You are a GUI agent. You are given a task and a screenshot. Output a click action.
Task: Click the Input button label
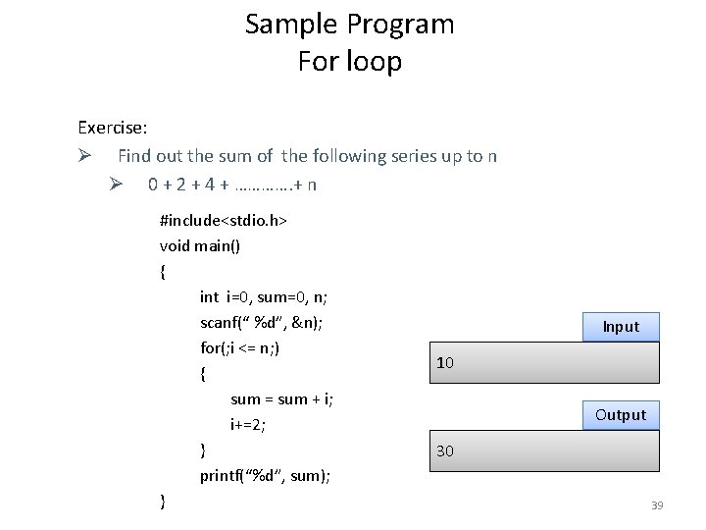(x=621, y=327)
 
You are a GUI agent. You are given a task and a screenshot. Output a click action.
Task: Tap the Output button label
(x=621, y=414)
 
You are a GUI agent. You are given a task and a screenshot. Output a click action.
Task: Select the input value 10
(x=445, y=363)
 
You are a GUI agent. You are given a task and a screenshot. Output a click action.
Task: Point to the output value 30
(x=445, y=451)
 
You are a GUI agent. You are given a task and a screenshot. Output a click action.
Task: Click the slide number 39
(x=657, y=505)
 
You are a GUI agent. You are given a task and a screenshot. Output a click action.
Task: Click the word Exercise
(x=113, y=128)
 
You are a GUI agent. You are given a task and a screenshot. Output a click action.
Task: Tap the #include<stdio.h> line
(x=223, y=221)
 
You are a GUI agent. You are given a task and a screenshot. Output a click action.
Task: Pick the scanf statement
(x=262, y=322)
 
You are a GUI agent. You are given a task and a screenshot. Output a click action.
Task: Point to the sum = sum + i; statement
(x=281, y=398)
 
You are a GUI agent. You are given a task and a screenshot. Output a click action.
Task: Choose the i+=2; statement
(x=248, y=424)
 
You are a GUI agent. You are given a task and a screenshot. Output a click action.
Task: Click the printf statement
(x=265, y=476)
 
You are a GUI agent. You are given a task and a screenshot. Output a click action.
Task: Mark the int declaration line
(x=264, y=296)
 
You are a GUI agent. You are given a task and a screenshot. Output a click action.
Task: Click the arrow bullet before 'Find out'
(x=85, y=155)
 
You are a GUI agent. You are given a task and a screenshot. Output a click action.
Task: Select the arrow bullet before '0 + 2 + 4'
(x=115, y=184)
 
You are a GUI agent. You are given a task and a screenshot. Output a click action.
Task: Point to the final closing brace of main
(x=163, y=502)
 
